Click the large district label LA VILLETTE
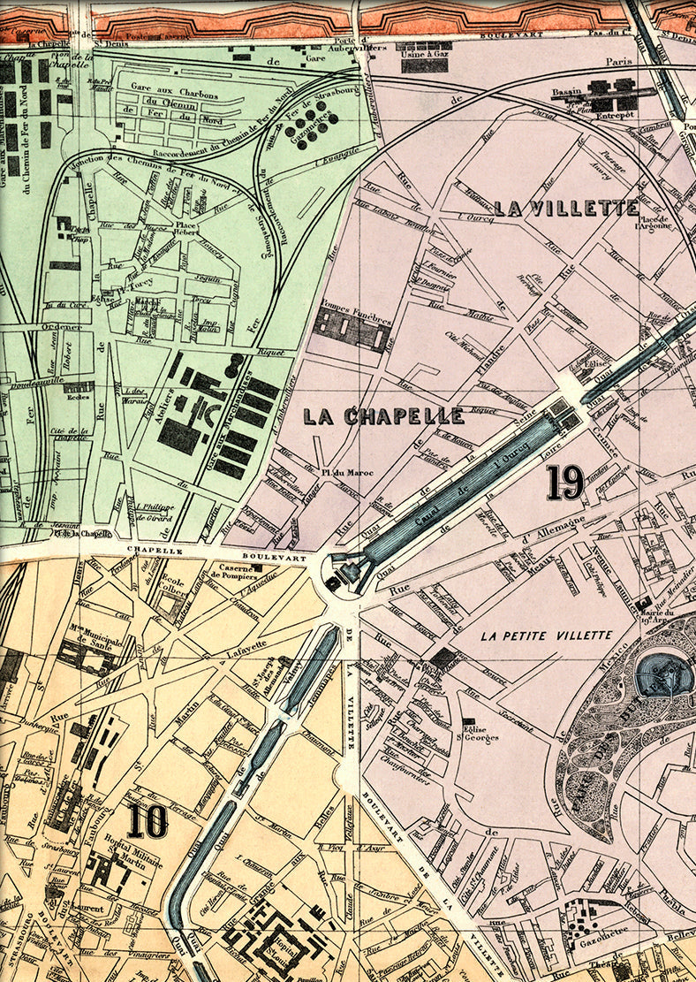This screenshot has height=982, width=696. coord(566,209)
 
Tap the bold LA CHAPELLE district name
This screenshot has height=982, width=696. coord(383,415)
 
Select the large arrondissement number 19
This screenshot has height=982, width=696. coord(564,482)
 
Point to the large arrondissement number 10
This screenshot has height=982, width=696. coord(147,821)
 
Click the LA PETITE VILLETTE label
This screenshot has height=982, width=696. coord(547,636)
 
